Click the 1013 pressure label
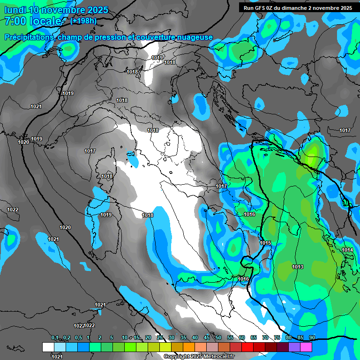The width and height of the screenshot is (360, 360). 298,267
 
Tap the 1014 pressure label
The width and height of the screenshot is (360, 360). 347,250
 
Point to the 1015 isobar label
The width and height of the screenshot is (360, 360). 265,243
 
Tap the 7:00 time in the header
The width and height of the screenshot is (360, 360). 14,21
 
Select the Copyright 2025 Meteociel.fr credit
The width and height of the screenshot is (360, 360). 199,356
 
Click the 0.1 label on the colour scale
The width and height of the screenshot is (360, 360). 55,337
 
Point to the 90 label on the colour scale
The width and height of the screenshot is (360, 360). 312,337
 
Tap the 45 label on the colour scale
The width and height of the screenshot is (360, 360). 207,337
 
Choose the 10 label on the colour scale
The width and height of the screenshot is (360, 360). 125,337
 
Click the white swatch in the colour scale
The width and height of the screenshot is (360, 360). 48,347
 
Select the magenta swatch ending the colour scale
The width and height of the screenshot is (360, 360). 306,347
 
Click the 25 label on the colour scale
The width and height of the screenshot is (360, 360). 160,337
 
